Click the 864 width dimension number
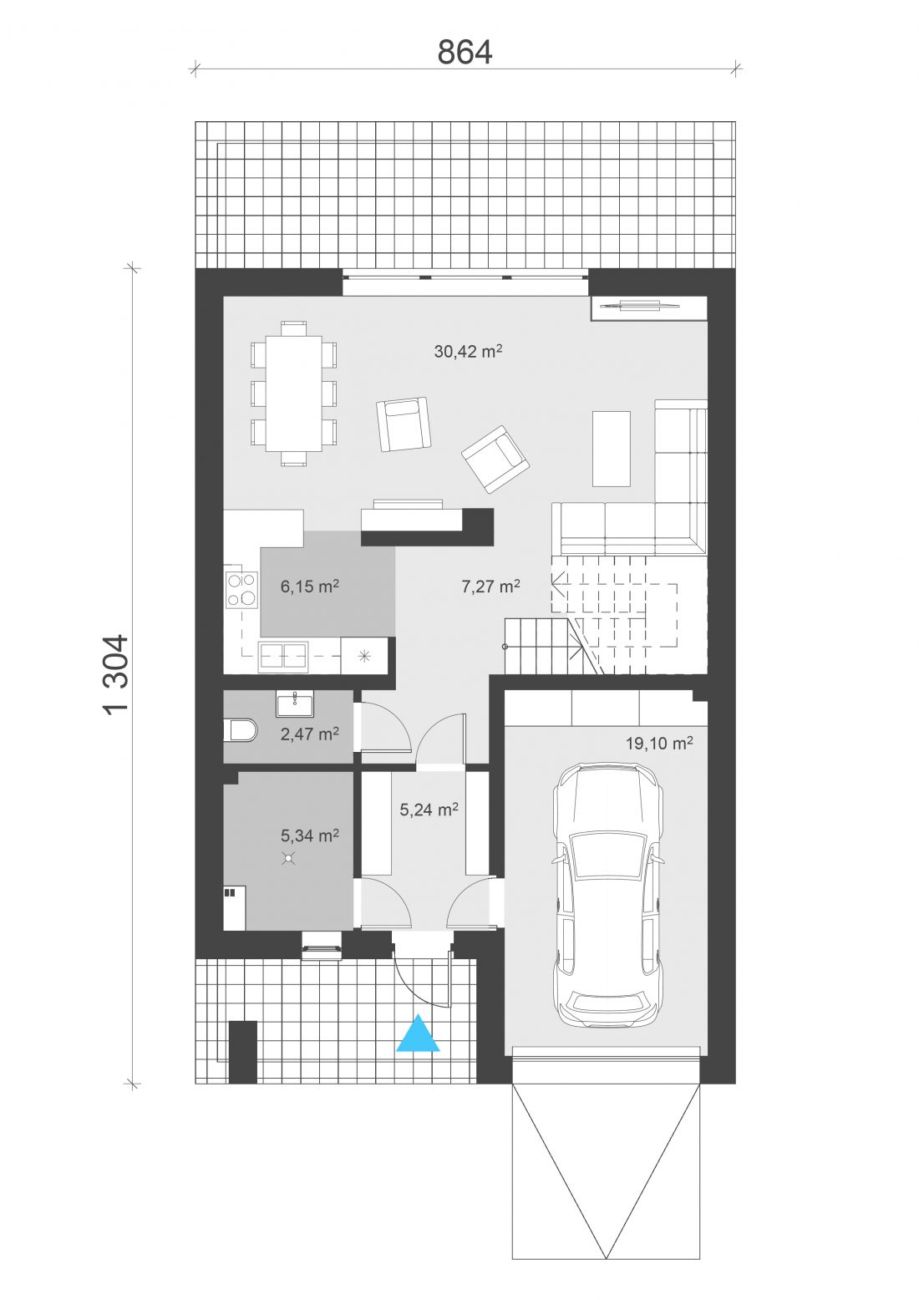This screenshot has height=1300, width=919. tap(465, 52)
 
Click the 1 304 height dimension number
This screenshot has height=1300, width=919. tap(115, 675)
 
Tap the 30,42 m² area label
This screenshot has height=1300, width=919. tap(468, 351)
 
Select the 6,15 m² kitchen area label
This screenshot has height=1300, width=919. tap(310, 587)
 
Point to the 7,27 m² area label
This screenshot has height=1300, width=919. tap(490, 587)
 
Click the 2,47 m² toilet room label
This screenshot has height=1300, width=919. tap(310, 734)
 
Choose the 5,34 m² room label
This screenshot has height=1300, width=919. tap(310, 835)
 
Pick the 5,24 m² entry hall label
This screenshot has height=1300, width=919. tap(429, 809)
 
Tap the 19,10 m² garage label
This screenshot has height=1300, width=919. tap(659, 743)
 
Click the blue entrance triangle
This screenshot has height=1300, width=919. tap(418, 1033)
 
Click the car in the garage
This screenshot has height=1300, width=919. tap(608, 896)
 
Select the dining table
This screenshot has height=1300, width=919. tap(294, 394)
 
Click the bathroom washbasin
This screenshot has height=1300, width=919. tap(294, 703)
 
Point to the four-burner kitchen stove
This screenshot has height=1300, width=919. tap(242, 590)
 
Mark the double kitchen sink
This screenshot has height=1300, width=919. tap(283, 657)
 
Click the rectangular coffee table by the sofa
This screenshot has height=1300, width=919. tap(611, 449)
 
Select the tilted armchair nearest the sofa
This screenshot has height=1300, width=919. tap(495, 459)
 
